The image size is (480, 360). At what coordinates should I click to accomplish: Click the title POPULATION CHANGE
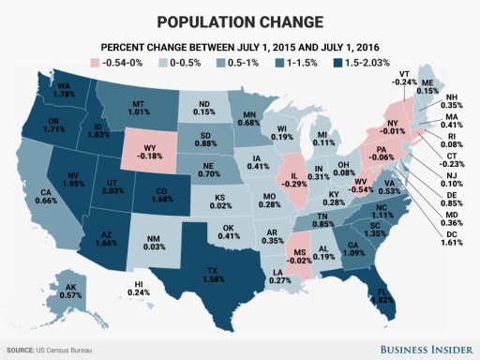click(240, 21)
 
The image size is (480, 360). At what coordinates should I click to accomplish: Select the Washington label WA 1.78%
click(65, 89)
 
